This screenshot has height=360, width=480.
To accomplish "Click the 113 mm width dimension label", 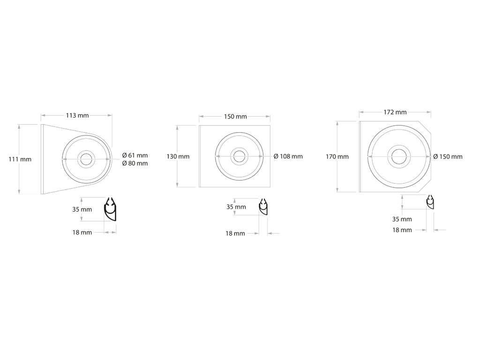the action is coord(77,115).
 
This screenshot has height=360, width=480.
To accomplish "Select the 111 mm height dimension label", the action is coord(20,159).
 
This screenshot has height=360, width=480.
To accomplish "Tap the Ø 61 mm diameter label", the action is coord(135,156).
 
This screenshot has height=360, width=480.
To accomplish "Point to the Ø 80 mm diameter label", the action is coord(135,164).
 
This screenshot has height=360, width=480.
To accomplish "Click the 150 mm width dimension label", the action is coord(235,117).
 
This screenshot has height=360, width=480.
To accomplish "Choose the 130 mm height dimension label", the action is coord(178,157).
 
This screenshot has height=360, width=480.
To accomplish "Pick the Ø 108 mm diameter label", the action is coord(288,157).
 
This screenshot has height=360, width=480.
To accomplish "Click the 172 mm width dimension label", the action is coord(395,112).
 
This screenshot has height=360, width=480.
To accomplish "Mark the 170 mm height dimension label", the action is coord(337,157).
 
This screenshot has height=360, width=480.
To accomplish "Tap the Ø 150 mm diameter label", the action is coord(448,157).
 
